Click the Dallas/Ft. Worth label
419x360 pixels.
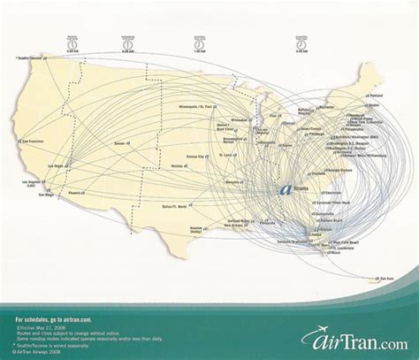pyautogui.click(x=187, y=205)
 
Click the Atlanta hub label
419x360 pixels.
pyautogui.click(x=301, y=189)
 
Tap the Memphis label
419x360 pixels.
pyautogui.click(x=233, y=181)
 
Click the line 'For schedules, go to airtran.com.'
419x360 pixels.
pyautogui.click(x=53, y=315)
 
